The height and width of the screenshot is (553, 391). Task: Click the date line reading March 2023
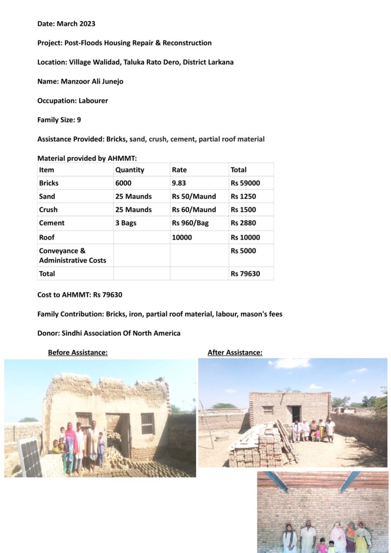[x=66, y=24]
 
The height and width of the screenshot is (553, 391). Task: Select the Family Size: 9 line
[x=59, y=120]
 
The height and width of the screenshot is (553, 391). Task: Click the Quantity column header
[x=130, y=170]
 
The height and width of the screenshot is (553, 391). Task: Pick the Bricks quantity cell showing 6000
[x=123, y=183]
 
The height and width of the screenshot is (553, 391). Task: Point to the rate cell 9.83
[x=181, y=183]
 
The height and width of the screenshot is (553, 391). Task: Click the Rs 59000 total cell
[x=245, y=183]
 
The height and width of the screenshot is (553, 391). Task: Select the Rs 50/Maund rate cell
[x=193, y=197]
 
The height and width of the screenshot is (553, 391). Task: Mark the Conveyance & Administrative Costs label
[x=72, y=255]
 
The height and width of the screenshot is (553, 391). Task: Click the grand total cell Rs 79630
[x=245, y=274]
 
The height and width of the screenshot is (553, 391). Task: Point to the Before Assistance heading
[x=78, y=353]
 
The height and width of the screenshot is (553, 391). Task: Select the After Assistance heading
[x=235, y=353]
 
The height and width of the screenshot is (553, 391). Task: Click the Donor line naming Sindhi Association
[x=109, y=333]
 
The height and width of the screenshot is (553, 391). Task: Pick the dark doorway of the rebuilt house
[x=296, y=414]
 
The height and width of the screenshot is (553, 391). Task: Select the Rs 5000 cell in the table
[x=243, y=251]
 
